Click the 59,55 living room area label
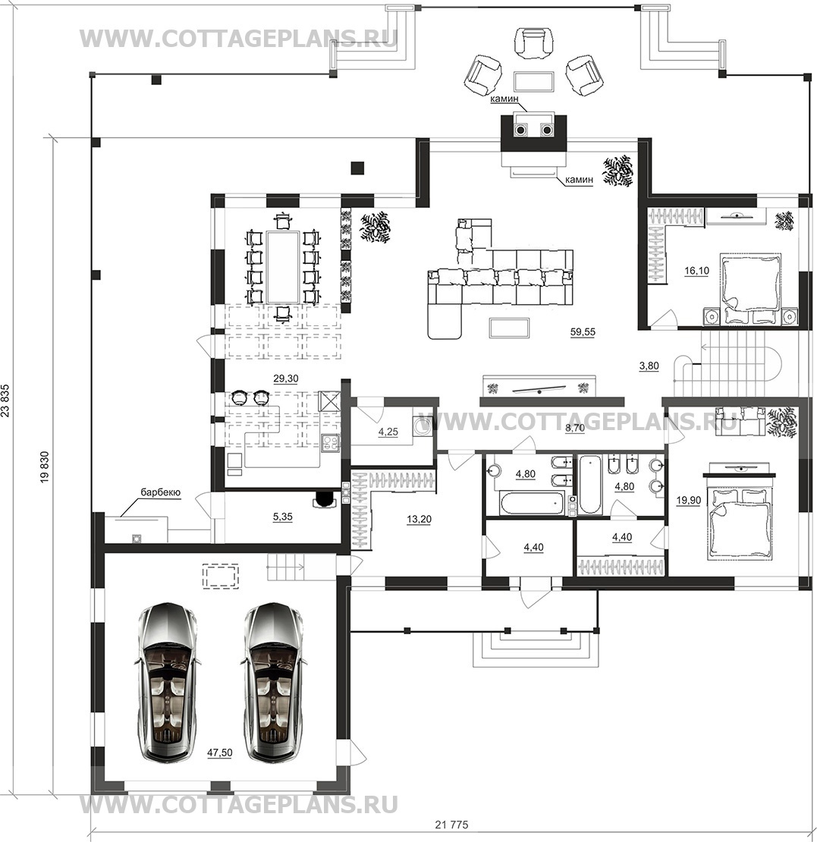click(x=583, y=331)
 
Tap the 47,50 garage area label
click(x=220, y=752)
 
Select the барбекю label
click(x=161, y=492)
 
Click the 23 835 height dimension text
click(x=6, y=401)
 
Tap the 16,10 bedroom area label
click(x=696, y=271)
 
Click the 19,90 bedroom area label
click(x=689, y=501)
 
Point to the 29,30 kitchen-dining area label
click(x=286, y=379)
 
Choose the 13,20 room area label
click(x=419, y=520)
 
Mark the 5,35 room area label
click(x=282, y=517)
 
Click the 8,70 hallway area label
click(x=575, y=428)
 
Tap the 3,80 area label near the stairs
click(x=649, y=366)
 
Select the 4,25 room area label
click(x=388, y=432)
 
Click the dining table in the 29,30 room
click(x=283, y=266)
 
